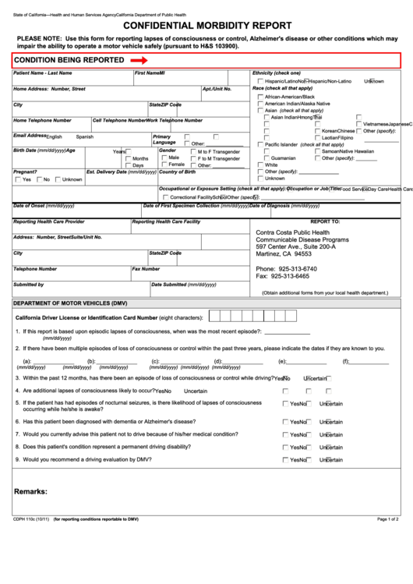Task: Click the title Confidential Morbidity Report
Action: pyautogui.click(x=206, y=24)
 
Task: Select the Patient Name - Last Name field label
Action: pyautogui.click(x=43, y=73)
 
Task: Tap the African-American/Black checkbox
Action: pyautogui.click(x=260, y=96)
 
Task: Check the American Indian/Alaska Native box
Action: pyautogui.click(x=260, y=104)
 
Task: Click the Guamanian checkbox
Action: pyautogui.click(x=260, y=158)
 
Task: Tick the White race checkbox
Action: pyautogui.click(x=260, y=165)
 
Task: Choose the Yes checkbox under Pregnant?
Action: pyautogui.click(x=18, y=179)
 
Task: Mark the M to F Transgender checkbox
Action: pyautogui.click(x=191, y=151)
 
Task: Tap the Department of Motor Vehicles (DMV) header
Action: pyautogui.click(x=70, y=303)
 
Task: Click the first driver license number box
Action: pyautogui.click(x=216, y=317)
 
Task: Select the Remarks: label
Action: pyautogui.click(x=30, y=491)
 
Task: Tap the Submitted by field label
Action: pyautogui.click(x=29, y=285)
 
